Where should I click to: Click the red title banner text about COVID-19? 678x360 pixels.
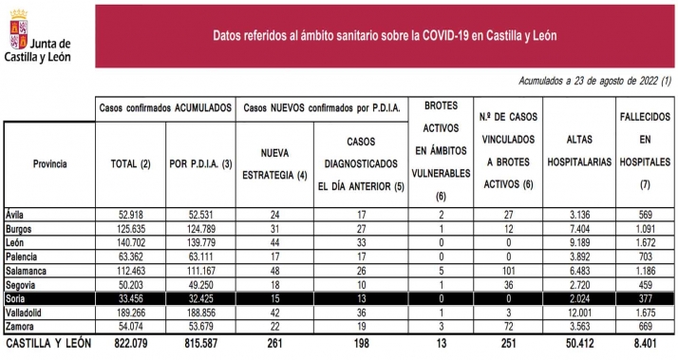point(385,35)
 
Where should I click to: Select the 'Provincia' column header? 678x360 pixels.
point(49,164)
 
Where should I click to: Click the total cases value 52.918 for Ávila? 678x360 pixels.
point(128,215)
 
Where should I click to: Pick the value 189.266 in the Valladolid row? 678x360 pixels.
point(128,313)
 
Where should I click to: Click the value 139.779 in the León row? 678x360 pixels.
point(198,242)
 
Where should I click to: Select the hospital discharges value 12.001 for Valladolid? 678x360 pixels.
point(580,313)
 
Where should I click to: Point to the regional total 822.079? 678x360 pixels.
point(128,343)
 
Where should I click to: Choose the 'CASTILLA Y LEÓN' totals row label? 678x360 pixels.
point(48,343)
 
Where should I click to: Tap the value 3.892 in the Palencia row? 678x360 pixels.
point(580,256)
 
